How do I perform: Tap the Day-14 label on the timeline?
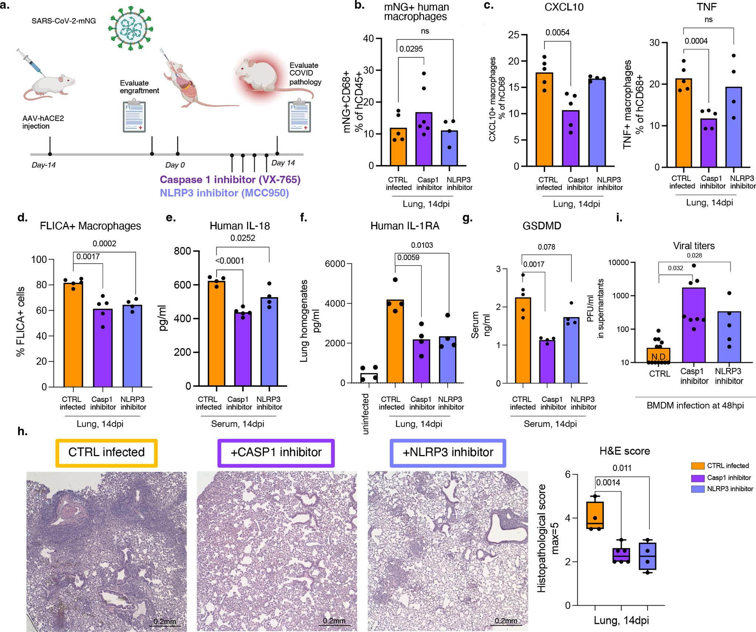tap(44, 165)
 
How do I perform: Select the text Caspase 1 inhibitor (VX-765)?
tap(230, 180)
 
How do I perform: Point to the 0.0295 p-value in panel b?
tap(411, 49)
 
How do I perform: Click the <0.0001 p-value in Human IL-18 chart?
tap(230, 261)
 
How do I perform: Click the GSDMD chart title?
tap(542, 226)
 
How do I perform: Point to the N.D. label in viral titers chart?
tap(659, 357)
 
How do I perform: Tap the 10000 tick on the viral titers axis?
tap(618, 263)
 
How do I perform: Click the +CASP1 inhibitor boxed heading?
tap(276, 452)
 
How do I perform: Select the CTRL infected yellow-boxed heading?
tap(107, 452)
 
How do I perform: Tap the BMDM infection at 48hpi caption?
tap(695, 406)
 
